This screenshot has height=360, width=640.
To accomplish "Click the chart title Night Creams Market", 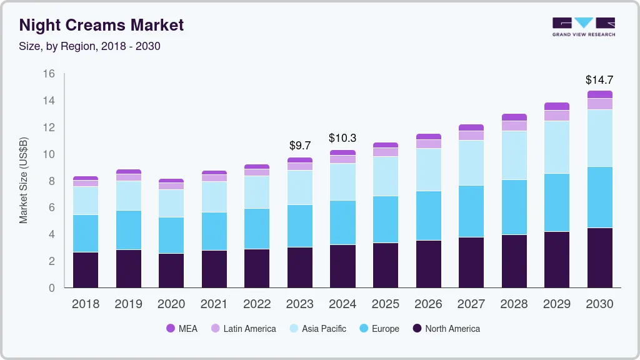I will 102,25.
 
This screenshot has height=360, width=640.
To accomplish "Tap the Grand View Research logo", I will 583,27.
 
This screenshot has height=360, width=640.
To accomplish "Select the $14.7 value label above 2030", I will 599,80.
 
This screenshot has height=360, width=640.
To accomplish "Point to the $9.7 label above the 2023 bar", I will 300,146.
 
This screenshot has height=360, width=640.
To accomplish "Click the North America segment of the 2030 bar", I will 599,257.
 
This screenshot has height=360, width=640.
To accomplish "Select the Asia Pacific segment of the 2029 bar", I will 556,147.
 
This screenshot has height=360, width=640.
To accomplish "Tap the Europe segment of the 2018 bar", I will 86,233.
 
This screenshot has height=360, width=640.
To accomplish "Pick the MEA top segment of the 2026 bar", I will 428,136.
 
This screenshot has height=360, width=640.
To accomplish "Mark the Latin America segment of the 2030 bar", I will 599,104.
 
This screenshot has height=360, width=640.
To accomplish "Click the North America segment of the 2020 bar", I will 171,270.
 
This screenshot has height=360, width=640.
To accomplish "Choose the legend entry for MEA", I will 181,328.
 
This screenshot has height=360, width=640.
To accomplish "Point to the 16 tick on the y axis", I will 48,74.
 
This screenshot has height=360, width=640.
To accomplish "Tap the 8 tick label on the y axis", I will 51,181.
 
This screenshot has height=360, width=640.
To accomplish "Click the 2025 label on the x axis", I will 386,304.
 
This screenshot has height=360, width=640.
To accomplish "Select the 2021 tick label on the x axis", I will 214,304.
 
